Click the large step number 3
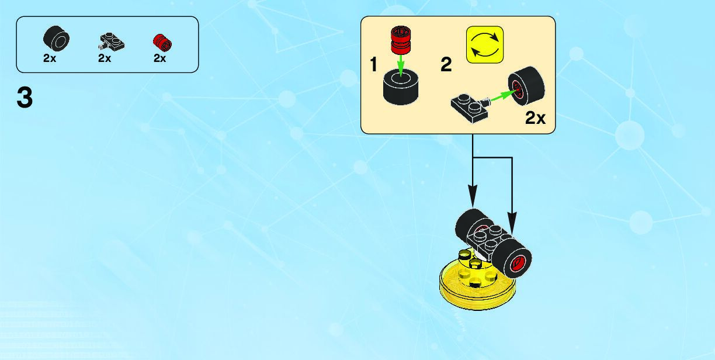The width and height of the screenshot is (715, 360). [x=25, y=98]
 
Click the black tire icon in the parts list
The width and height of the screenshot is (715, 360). [x=56, y=40]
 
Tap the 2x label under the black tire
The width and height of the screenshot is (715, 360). [x=49, y=58]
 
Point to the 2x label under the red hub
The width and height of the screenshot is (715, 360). [x=159, y=58]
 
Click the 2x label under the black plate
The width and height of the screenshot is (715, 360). [x=105, y=58]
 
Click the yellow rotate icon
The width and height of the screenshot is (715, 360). [x=484, y=44]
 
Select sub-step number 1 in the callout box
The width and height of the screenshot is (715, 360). [x=374, y=65]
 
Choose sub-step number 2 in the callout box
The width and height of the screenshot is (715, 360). [x=446, y=65]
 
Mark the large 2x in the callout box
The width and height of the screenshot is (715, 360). [x=535, y=118]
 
